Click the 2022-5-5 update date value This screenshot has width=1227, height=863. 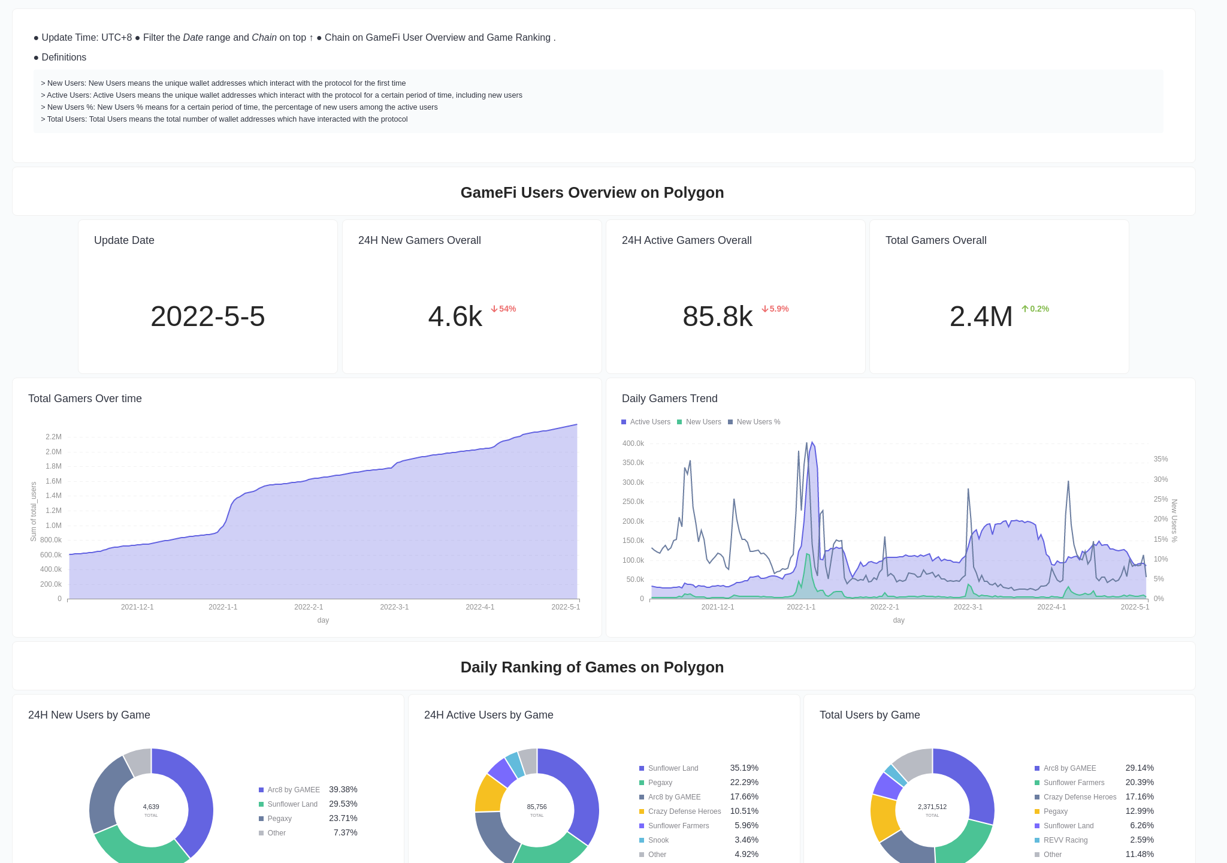207,316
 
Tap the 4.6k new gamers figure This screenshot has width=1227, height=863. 455,316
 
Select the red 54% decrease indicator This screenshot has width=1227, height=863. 503,309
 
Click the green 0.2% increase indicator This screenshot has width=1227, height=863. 1035,309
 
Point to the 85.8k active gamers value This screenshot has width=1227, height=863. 717,316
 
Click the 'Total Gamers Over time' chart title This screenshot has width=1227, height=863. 85,399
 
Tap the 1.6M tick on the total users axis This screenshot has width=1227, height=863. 53,481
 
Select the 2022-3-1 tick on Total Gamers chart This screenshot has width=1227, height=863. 394,607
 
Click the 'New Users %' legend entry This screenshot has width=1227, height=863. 758,422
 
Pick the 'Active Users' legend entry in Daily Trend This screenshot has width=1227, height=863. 649,422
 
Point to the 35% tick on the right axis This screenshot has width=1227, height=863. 1160,459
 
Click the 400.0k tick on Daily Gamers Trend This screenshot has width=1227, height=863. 633,443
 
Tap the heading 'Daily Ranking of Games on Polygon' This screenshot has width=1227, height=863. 592,667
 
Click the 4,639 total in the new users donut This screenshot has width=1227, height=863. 151,807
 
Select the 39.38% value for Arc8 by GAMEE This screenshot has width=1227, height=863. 343,789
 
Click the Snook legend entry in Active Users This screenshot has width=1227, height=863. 658,840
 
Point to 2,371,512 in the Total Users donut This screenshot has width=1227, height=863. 932,807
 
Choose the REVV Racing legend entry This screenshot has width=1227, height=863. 1065,840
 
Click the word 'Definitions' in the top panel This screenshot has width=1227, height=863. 64,58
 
